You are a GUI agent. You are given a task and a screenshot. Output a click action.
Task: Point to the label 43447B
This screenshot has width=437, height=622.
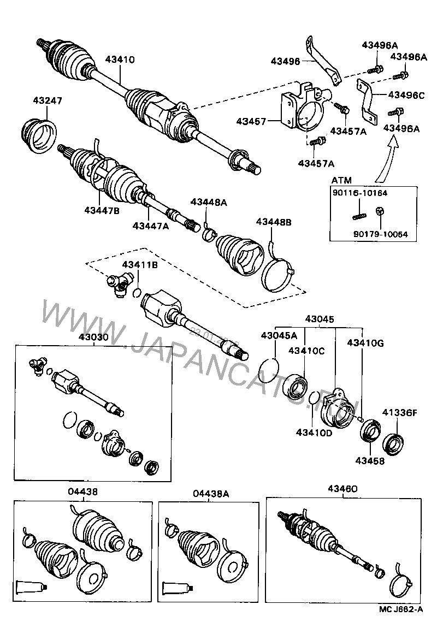click(x=102, y=210)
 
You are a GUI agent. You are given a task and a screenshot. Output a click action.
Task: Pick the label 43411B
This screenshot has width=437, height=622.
click(x=140, y=265)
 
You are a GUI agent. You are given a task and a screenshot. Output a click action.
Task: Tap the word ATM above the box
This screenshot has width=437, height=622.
click(x=341, y=180)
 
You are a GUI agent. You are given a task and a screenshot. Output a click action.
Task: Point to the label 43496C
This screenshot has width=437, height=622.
click(x=406, y=94)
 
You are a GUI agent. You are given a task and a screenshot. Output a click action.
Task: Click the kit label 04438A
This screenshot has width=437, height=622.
click(x=210, y=493)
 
